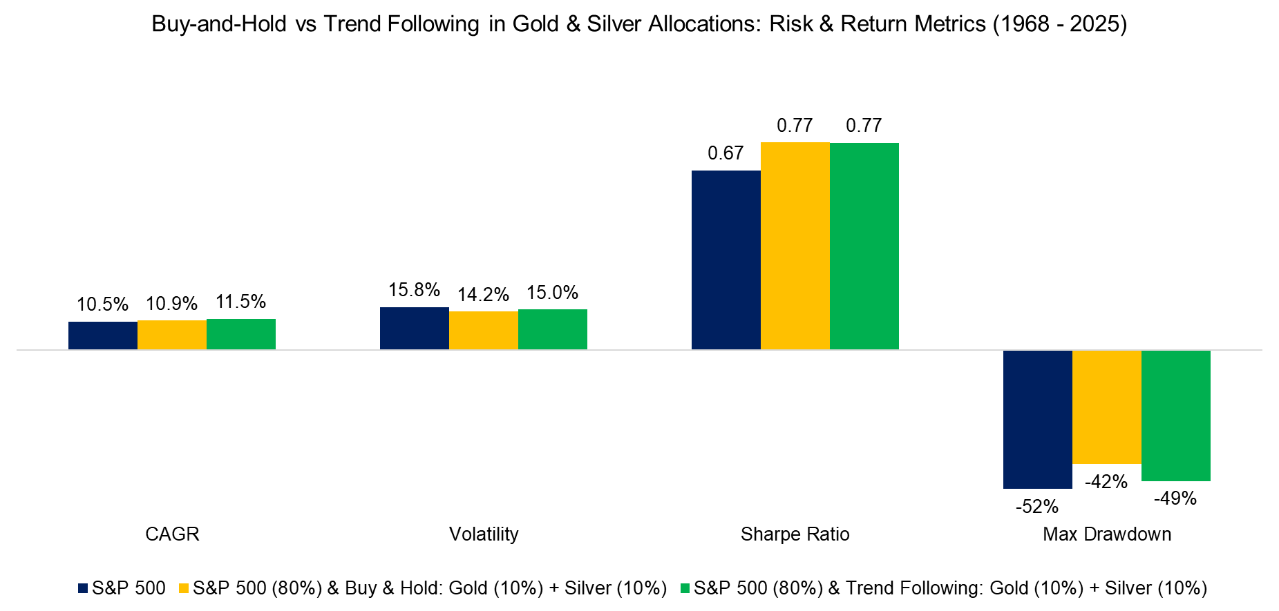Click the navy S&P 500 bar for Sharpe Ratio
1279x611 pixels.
pyautogui.click(x=726, y=260)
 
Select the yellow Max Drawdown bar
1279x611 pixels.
pyautogui.click(x=1106, y=407)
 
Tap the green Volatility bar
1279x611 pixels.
pyautogui.click(x=552, y=329)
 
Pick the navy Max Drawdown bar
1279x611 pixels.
pyautogui.click(x=1037, y=419)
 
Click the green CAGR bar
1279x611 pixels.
pyautogui.click(x=240, y=334)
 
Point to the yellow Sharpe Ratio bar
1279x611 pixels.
pyautogui.click(x=795, y=246)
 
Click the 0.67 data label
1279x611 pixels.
pyautogui.click(x=726, y=153)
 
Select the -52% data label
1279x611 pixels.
pyautogui.click(x=1036, y=507)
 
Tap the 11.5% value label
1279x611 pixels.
pyautogui.click(x=240, y=302)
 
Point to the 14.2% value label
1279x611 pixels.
pyautogui.click(x=483, y=295)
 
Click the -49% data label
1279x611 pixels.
pyautogui.click(x=1175, y=498)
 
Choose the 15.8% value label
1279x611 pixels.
pyautogui.click(x=414, y=290)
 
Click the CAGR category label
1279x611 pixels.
pyautogui.click(x=172, y=534)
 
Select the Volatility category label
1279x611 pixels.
pyautogui.click(x=484, y=534)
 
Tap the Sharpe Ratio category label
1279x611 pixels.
pyautogui.click(x=795, y=534)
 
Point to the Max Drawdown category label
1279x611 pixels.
pyautogui.click(x=1106, y=534)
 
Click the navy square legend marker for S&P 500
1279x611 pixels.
pyautogui.click(x=83, y=588)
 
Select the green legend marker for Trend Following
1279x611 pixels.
pyautogui.click(x=685, y=588)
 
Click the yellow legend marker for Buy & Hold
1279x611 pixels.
pyautogui.click(x=184, y=588)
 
